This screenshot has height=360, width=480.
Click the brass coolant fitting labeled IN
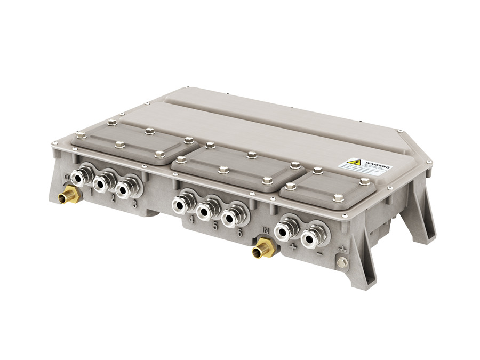(263, 247)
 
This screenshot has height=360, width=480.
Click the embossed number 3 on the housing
(134, 204)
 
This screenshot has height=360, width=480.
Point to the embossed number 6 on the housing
(240, 233)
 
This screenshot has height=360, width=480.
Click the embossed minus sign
(318, 254)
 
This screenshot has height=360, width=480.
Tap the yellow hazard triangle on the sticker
(354, 162)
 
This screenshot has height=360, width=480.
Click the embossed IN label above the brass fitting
(266, 230)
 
